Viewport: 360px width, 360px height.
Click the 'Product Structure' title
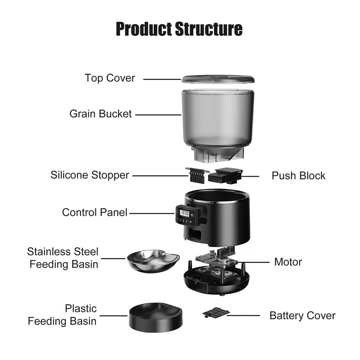(179, 29)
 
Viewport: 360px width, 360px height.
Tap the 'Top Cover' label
(109, 78)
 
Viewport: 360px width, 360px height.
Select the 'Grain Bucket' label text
(100, 114)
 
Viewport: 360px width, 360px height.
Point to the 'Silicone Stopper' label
(90, 175)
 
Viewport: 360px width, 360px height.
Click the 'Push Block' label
(298, 175)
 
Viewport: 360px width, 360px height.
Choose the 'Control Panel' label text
(94, 212)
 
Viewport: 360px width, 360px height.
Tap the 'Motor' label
(288, 262)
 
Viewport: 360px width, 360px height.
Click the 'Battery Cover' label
(302, 315)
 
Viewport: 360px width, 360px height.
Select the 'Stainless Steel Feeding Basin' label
(63, 258)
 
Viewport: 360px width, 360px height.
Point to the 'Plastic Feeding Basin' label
(62, 315)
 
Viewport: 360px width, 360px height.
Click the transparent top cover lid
(218, 79)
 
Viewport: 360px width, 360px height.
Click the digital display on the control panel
(184, 213)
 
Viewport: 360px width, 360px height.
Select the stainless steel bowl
(153, 260)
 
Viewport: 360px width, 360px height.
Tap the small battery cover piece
(216, 312)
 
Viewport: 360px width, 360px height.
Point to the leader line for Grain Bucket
(158, 115)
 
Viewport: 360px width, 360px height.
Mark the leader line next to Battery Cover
(244, 315)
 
